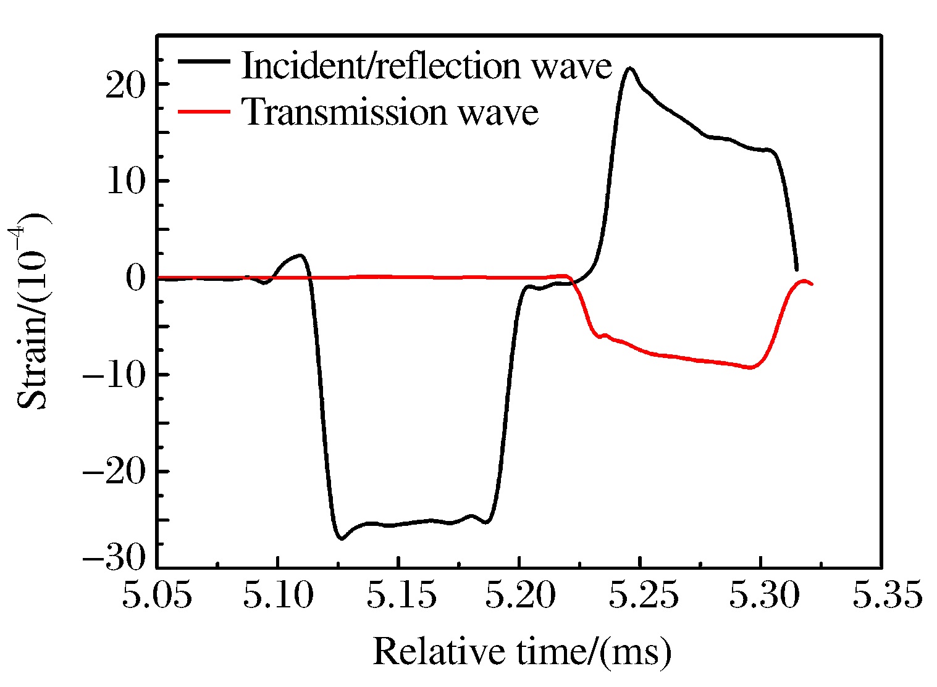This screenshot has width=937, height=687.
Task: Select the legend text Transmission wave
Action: tap(390, 112)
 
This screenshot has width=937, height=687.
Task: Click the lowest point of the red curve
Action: tap(750, 367)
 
